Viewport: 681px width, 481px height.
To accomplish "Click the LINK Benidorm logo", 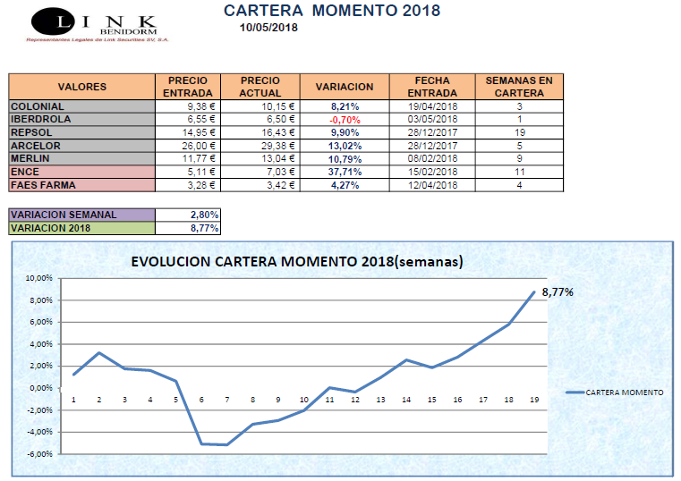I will coord(93,24).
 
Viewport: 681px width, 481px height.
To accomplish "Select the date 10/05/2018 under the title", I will coord(268,28).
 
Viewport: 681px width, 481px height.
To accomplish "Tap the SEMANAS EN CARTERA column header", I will coord(519,87).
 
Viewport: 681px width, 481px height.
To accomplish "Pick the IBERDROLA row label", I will coord(40,119).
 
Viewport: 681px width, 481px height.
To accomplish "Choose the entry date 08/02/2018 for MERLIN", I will coord(432,158).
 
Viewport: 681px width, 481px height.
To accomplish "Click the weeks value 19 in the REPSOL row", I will coord(519,132).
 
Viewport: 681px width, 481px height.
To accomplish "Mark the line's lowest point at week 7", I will coord(226,444).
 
